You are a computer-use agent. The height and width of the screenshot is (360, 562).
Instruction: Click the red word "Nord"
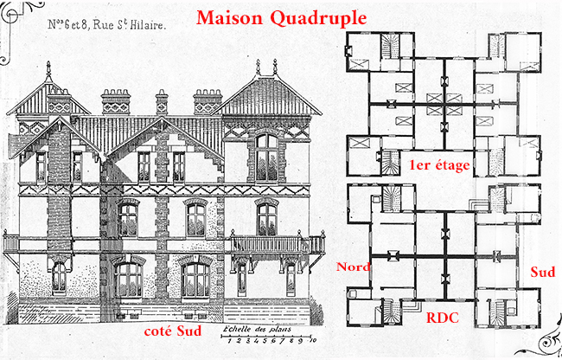click(354, 267)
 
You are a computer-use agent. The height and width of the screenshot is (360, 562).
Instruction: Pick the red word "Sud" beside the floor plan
click(542, 272)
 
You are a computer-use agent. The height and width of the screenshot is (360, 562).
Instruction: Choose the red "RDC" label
click(443, 317)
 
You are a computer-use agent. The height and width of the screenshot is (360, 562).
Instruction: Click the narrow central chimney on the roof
click(162, 103)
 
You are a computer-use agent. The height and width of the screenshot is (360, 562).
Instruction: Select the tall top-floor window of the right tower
click(266, 156)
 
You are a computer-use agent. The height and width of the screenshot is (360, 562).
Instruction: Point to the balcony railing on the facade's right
click(263, 243)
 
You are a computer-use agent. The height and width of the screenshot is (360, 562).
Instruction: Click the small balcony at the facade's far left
click(11, 242)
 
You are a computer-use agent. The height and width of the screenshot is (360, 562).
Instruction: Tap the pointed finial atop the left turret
click(57, 67)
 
